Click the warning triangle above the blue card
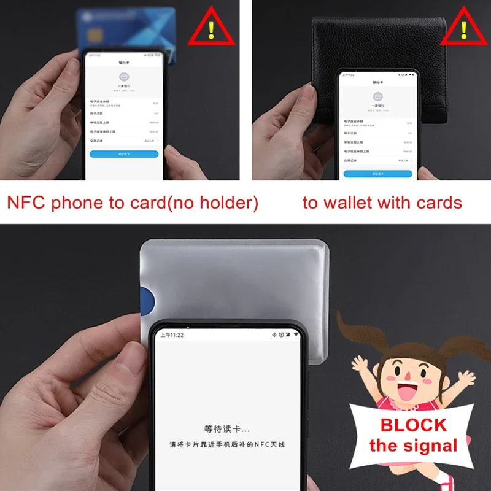coord(212,28)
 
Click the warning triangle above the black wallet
coord(463,28)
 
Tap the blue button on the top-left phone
coord(124,154)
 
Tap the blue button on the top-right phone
coord(377,174)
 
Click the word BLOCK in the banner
coord(414,425)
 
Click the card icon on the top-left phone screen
coord(124,78)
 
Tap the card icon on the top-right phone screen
coord(377,97)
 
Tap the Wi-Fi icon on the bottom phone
coord(296,335)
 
